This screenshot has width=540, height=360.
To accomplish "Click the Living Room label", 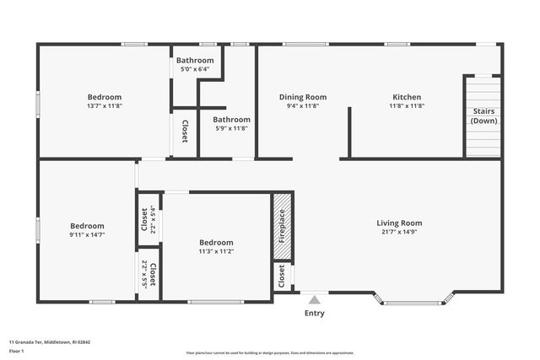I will pyautogui.click(x=399, y=223).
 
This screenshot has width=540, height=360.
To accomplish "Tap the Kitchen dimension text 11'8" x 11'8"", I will pyautogui.click(x=406, y=106).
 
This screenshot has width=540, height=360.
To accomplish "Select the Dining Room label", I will pyautogui.click(x=303, y=97).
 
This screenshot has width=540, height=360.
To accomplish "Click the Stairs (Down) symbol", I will pyautogui.click(x=483, y=116).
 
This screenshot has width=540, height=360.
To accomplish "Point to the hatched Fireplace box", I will pyautogui.click(x=282, y=227).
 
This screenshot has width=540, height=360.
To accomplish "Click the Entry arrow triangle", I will pyautogui.click(x=314, y=299).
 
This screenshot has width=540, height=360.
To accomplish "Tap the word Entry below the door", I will pyautogui.click(x=314, y=314).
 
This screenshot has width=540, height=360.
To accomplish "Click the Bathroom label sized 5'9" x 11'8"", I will pyautogui.click(x=231, y=120).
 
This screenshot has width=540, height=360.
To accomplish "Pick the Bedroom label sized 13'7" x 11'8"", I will pyautogui.click(x=105, y=97).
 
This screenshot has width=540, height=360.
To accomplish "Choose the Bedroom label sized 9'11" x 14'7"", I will pyautogui.click(x=87, y=226).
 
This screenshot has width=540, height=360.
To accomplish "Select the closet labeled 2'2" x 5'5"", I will pyautogui.click(x=148, y=275).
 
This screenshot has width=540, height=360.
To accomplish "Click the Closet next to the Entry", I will pyautogui.click(x=282, y=275).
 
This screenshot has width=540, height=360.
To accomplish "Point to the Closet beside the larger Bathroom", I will pyautogui.click(x=185, y=132).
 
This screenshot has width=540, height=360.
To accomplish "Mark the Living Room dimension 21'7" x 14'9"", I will pyautogui.click(x=399, y=232).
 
